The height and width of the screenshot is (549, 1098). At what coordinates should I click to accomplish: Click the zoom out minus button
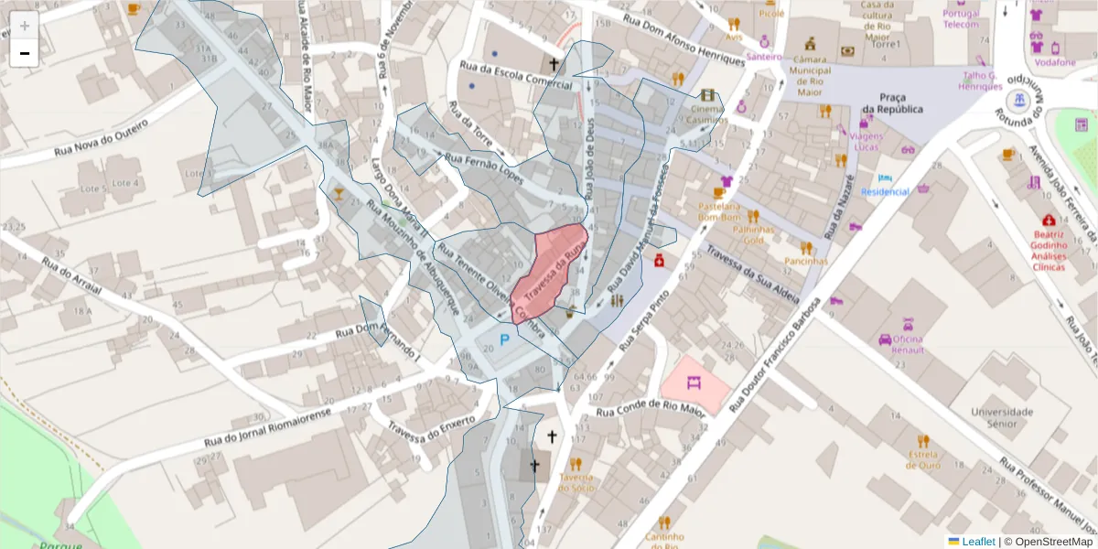(25, 53)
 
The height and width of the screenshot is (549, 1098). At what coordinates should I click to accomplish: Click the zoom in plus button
(25, 26)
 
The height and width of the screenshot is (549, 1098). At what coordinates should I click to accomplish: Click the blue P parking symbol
(503, 341)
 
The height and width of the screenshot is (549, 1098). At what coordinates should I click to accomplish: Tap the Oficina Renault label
(902, 344)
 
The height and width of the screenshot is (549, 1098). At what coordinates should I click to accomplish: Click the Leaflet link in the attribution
(978, 542)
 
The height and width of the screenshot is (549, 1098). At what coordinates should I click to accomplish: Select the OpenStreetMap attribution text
(1053, 542)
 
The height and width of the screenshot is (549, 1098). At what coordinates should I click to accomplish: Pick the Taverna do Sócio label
(577, 482)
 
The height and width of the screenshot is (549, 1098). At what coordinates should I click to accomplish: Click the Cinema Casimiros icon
(707, 95)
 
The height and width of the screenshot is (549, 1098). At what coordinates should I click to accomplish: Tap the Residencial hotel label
(886, 191)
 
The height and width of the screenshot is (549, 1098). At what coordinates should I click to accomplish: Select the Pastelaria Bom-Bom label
(718, 212)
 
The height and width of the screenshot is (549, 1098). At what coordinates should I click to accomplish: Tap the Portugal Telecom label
(962, 18)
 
